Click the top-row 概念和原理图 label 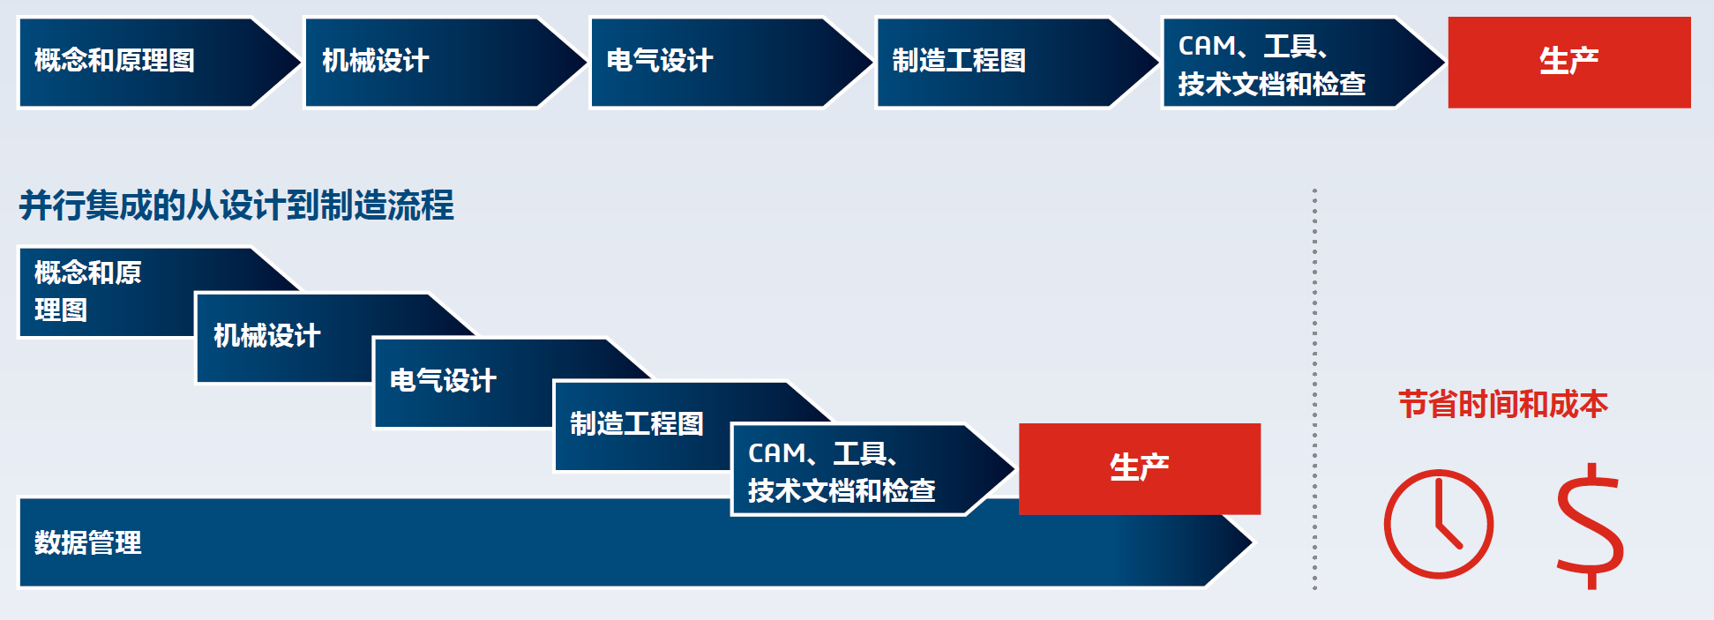coord(115,61)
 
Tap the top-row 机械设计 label coord(375,61)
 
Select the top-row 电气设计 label coord(659,61)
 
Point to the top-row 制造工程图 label coord(958,61)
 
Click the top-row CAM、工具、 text coord(1253,46)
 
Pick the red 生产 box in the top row coord(1568,62)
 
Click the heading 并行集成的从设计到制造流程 coord(236,205)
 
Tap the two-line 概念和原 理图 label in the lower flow coord(87,291)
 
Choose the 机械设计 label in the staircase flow coord(266,336)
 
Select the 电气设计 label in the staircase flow coord(443,381)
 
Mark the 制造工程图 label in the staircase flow coord(636,424)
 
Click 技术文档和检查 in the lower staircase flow coord(841,491)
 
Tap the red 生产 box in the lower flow coord(1139,468)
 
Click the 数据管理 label coord(87,542)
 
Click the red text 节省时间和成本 coord(1503,405)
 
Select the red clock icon coord(1438,524)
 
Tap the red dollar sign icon coord(1590,527)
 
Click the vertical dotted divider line coord(1314,388)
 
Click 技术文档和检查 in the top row coord(1271,85)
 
